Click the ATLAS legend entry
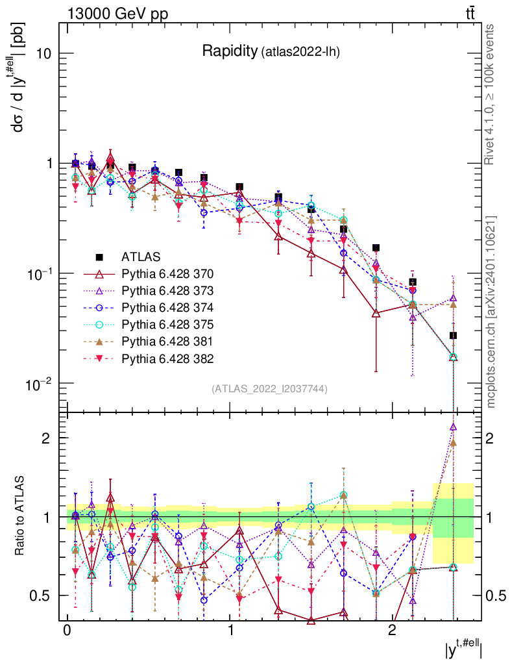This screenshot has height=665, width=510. click(140, 256)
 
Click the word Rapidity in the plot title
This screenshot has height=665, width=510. click(229, 51)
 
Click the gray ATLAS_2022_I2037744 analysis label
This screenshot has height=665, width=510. click(269, 388)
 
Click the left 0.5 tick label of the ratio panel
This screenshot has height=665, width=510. click(42, 596)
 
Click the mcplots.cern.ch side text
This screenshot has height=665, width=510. click(491, 312)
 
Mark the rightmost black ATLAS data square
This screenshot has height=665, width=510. click(454, 336)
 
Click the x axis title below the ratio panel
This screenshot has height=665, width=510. click(463, 650)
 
